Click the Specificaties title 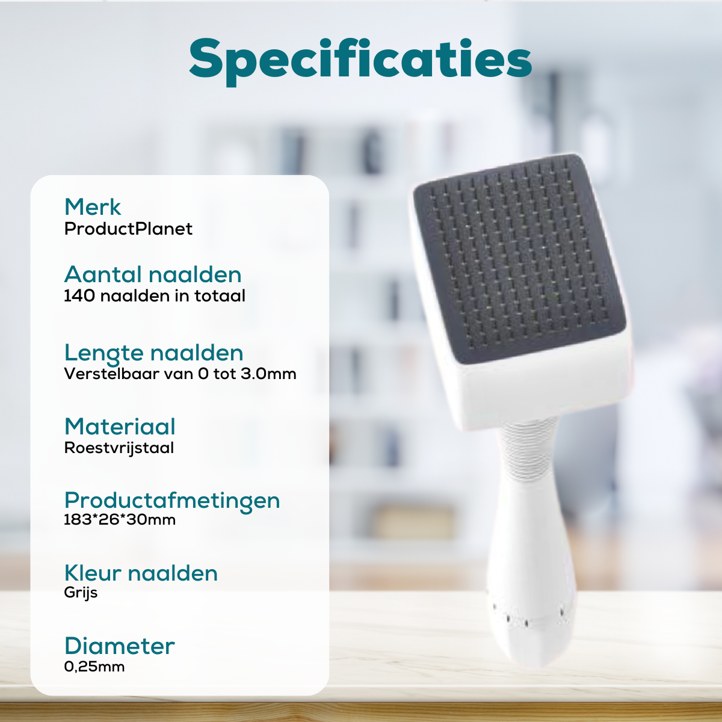[x=360, y=61]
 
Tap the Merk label [x=93, y=206]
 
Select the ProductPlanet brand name [x=128, y=229]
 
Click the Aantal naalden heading [x=153, y=274]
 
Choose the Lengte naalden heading [x=153, y=354]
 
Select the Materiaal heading [x=120, y=427]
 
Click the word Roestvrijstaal [x=119, y=448]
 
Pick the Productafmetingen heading [x=172, y=501]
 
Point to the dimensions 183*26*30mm [x=120, y=519]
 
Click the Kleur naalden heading [x=141, y=573]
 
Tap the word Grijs [x=81, y=593]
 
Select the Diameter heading [x=120, y=646]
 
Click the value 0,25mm [x=94, y=667]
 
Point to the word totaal [x=220, y=295]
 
